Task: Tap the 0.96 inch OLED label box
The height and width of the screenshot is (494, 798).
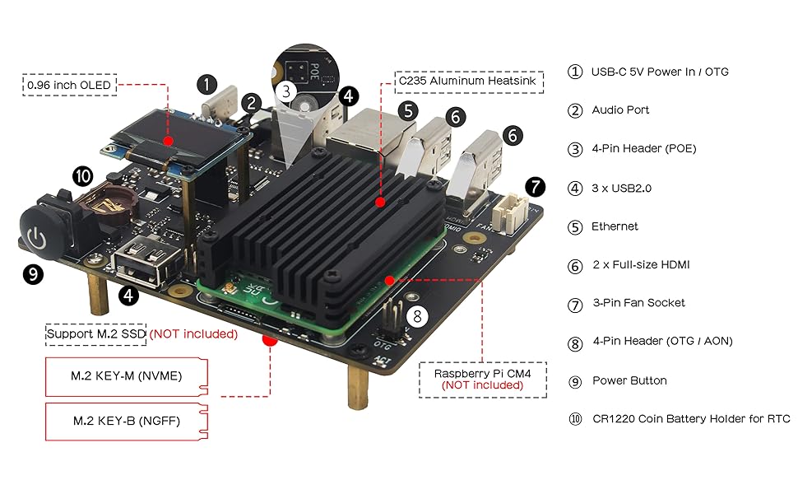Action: [x=68, y=85]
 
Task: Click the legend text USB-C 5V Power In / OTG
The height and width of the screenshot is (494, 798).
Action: [x=660, y=72]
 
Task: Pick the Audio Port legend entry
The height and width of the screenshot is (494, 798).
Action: [x=620, y=110]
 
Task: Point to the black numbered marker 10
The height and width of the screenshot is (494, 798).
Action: [x=82, y=175]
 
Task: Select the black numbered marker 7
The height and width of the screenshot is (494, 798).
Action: [x=535, y=186]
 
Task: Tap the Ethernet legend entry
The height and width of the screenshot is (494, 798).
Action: [x=615, y=226]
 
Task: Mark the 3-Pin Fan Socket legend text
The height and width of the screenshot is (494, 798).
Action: [x=638, y=303]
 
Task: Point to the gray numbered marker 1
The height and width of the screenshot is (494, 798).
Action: [x=207, y=83]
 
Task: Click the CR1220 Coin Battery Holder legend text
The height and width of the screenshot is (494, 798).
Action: [x=691, y=419]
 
